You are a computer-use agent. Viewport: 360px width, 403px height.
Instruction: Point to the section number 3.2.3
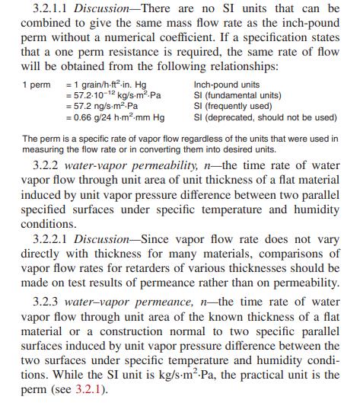coord(50,312)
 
